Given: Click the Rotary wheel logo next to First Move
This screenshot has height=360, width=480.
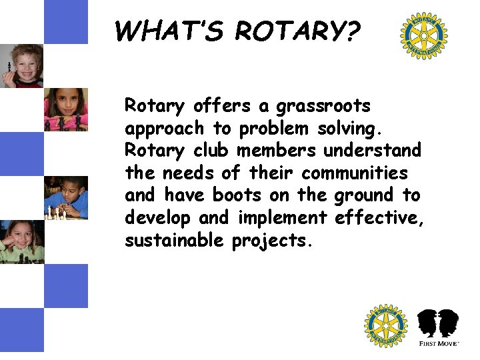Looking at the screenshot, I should [x=385, y=326].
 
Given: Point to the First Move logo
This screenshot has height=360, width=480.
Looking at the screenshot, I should [x=438, y=327].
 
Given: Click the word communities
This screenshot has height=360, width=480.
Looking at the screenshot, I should [x=354, y=173].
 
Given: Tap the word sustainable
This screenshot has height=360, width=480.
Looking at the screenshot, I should [x=175, y=241].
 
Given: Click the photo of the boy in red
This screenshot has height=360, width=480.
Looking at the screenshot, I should [x=21, y=65].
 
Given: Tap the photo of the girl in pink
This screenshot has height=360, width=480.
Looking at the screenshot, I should [x=65, y=109].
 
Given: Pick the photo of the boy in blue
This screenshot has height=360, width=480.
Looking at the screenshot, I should [x=65, y=197].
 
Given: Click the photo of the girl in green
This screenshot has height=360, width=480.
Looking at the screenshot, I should [x=21, y=241].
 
